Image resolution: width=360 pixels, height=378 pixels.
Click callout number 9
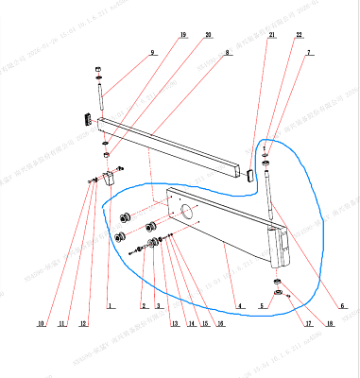click(152, 53)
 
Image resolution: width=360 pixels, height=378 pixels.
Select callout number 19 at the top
click(181, 35)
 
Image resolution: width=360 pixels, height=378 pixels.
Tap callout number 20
click(208, 35)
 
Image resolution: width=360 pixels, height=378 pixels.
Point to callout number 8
click(227, 53)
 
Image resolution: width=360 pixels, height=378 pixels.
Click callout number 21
click(271, 35)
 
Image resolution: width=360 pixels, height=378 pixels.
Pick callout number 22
click(299, 35)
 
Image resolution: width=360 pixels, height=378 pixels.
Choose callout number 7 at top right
click(308, 53)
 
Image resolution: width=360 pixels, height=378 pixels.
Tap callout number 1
click(110, 306)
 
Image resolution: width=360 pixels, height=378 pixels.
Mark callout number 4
click(241, 306)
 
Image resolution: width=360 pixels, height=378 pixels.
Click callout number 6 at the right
click(342, 306)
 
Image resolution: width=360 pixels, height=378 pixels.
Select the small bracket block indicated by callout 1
click(111, 178)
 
